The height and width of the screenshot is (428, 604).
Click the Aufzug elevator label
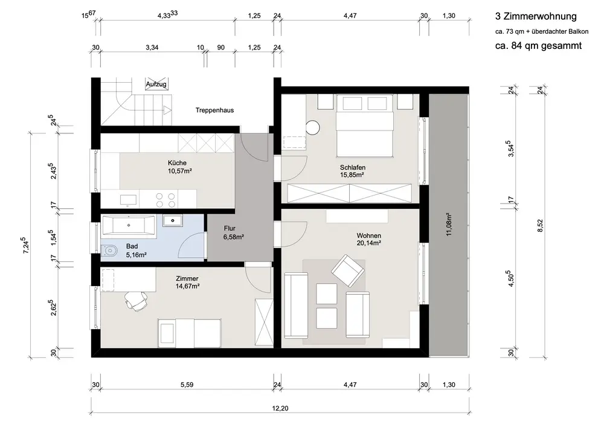point(156,84)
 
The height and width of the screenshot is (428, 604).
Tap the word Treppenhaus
point(214,110)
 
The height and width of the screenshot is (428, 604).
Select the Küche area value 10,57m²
point(180,171)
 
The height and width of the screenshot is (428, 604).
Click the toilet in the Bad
point(110,251)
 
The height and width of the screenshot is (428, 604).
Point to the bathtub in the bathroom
point(128,226)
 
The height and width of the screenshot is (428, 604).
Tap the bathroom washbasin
point(173,220)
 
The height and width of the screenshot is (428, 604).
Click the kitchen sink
point(128,200)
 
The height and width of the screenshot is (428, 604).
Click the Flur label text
point(230,228)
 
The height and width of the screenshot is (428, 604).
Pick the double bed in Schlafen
point(364,126)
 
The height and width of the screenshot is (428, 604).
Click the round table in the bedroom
point(313,128)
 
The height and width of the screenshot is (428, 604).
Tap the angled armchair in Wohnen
point(348,270)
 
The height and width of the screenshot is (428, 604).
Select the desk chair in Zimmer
point(135,301)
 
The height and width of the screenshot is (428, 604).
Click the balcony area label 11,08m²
point(449,224)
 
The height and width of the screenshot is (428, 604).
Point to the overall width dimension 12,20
point(280,408)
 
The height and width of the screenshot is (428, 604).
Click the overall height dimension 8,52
point(540,226)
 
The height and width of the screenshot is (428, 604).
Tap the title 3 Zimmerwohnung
point(536,16)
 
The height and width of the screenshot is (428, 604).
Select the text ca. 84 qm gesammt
point(538,46)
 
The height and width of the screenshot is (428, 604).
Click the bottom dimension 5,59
point(187,385)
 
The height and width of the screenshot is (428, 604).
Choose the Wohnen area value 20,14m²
point(368,243)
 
